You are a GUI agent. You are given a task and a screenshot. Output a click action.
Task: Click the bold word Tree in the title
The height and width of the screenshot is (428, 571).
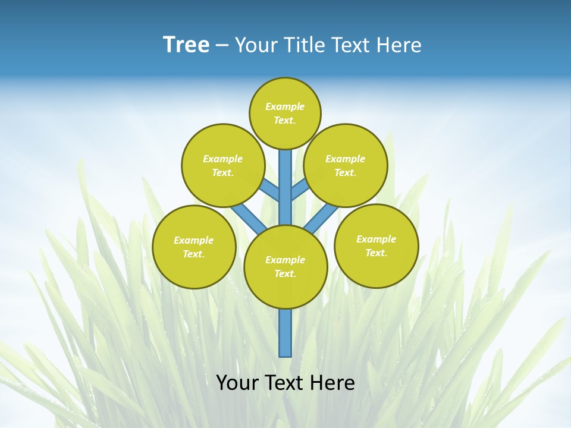click(x=186, y=45)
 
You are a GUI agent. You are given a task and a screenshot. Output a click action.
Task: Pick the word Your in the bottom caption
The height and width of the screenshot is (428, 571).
click(x=237, y=382)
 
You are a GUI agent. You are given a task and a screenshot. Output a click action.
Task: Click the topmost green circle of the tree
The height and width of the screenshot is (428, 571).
click(x=285, y=113)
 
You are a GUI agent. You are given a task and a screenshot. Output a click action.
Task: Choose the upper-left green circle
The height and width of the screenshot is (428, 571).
click(x=223, y=165)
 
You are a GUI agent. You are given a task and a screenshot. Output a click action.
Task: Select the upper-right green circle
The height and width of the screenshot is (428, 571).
click(x=346, y=165)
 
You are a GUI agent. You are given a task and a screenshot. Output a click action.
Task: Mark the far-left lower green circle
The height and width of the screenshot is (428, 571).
click(x=194, y=247)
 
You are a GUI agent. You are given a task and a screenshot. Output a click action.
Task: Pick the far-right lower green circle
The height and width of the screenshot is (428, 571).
click(x=376, y=246)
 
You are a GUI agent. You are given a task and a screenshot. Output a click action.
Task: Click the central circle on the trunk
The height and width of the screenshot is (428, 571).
click(x=285, y=266)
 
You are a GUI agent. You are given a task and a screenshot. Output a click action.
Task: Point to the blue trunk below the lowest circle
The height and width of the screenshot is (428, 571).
click(x=285, y=333)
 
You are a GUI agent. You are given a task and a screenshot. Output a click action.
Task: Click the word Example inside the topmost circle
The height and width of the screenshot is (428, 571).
click(x=285, y=106)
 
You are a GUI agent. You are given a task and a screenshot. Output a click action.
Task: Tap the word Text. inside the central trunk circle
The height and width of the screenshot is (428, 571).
click(x=285, y=273)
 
